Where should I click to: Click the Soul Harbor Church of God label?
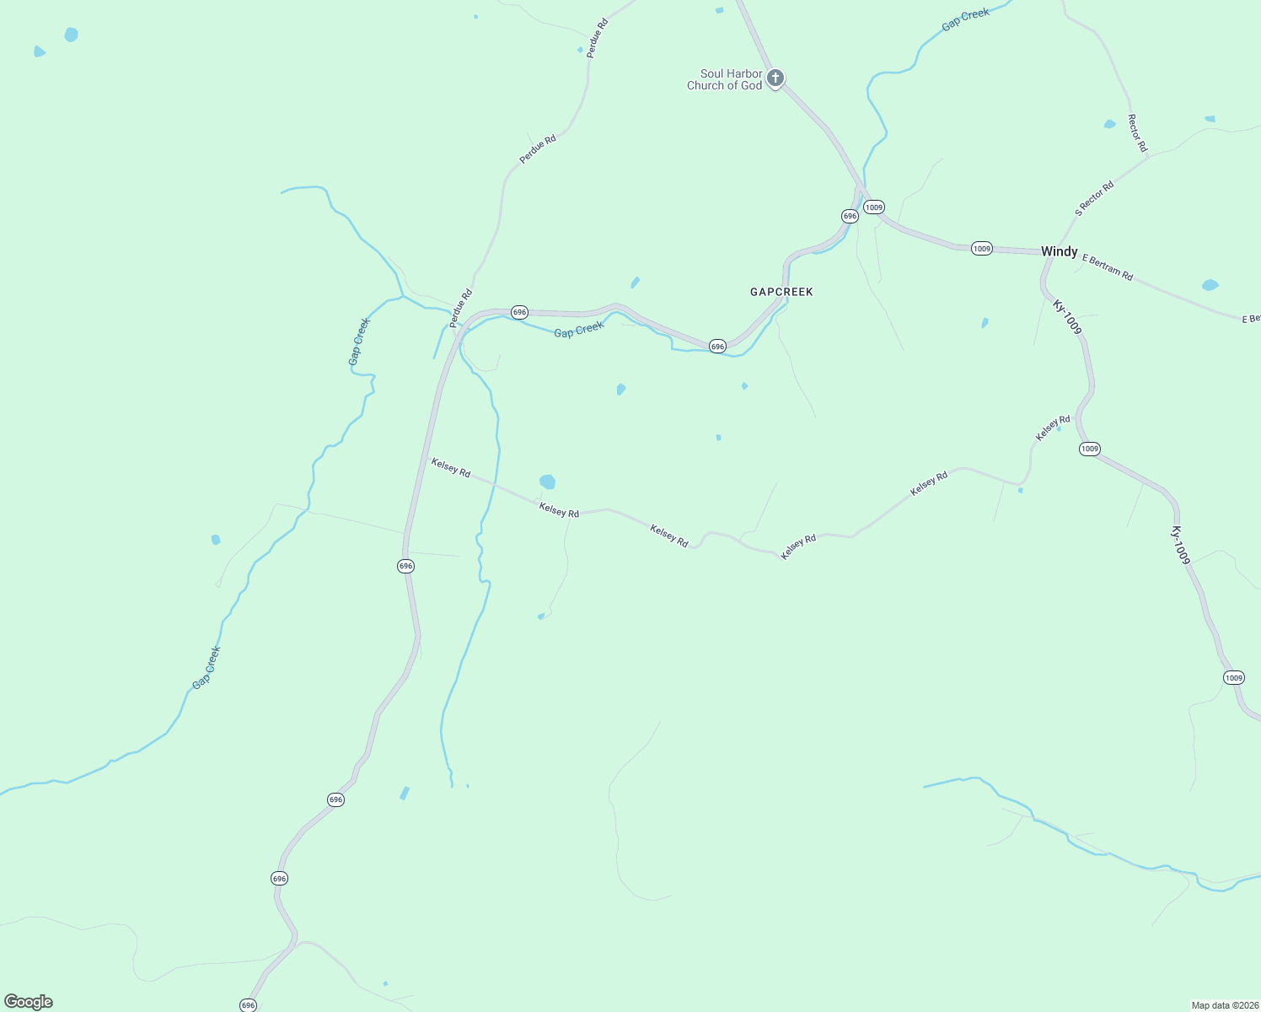tap(724, 79)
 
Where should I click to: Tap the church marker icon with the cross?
tap(775, 78)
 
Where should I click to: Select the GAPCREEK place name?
tap(781, 292)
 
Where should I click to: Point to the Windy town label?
tap(1059, 251)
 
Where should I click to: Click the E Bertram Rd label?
tap(1108, 266)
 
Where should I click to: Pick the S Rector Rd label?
tap(1094, 199)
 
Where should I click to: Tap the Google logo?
tap(28, 1002)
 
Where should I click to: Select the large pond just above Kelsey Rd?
tap(548, 482)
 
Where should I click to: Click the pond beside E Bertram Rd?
tap(1210, 285)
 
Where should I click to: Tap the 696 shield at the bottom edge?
tap(248, 1005)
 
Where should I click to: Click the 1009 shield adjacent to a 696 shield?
tap(874, 207)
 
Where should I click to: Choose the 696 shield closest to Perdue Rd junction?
tap(519, 312)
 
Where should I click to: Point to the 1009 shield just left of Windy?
tap(981, 248)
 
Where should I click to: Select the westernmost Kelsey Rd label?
tap(451, 467)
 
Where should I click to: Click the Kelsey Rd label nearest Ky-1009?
tap(1053, 427)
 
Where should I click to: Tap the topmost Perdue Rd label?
tap(598, 37)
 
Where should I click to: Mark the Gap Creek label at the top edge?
tap(965, 19)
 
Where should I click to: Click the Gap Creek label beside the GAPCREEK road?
tap(579, 330)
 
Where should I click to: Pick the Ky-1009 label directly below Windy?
tap(1067, 317)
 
